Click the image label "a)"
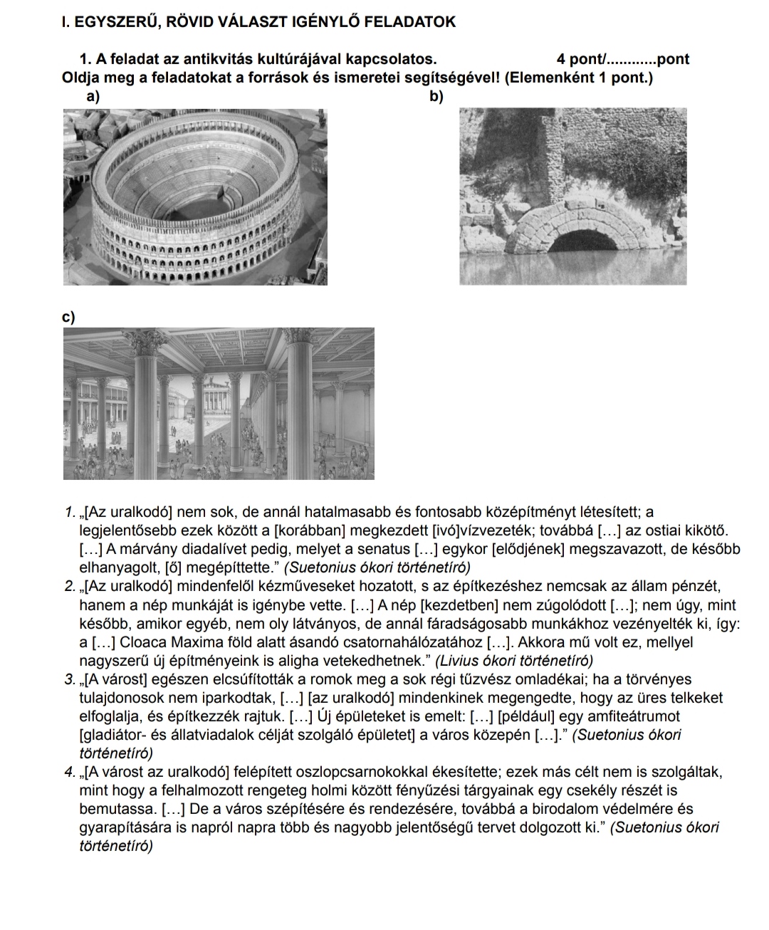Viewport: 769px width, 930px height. (93, 96)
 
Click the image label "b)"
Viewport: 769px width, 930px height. (436, 96)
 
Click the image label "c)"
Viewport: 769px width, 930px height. (68, 317)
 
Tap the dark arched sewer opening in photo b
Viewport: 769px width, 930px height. (583, 241)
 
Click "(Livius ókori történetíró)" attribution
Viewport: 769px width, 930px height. (514, 661)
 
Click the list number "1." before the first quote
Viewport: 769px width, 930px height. (70, 512)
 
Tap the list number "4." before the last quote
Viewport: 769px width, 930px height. (70, 771)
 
